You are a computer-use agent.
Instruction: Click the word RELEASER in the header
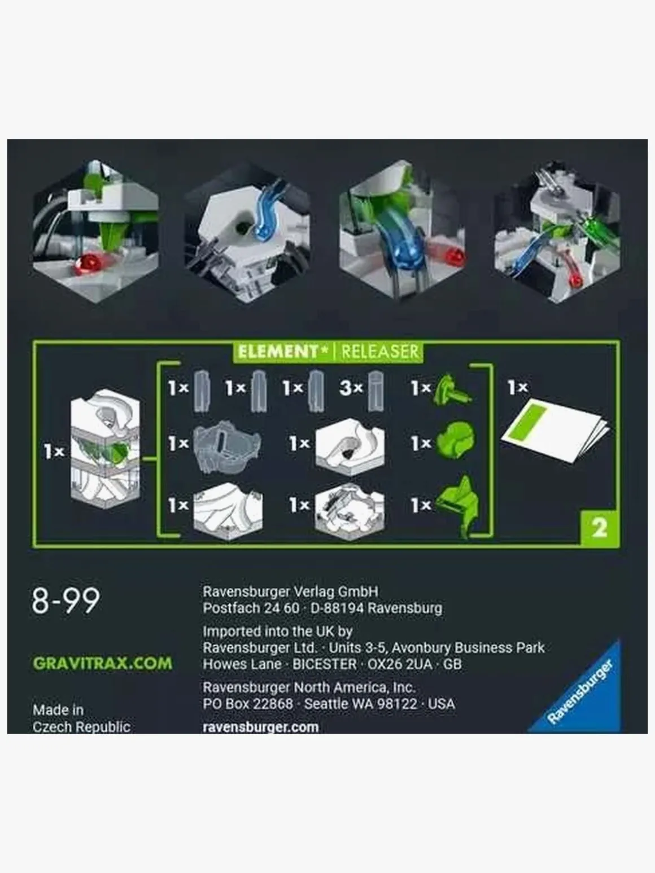tap(380, 352)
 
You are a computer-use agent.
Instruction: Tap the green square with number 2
tap(599, 528)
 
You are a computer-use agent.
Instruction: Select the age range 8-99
tap(65, 600)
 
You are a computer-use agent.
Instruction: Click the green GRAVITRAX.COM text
tap(102, 663)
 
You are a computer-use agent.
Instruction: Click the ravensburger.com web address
tap(260, 727)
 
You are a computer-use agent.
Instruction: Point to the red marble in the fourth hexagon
tap(575, 280)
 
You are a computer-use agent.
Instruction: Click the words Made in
tap(58, 709)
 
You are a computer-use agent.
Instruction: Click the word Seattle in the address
tap(327, 704)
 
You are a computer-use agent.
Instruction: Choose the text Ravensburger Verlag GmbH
tap(290, 591)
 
